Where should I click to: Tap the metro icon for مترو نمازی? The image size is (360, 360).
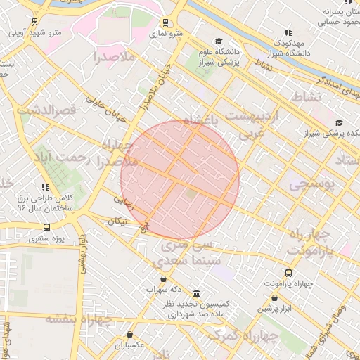click(x=165, y=22)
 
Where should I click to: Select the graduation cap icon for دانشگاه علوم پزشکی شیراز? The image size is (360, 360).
click(x=219, y=42)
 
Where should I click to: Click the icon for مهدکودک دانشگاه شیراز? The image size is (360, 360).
click(x=288, y=32)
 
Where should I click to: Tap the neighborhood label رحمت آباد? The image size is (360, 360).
click(x=63, y=156)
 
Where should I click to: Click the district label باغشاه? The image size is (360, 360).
click(x=201, y=121)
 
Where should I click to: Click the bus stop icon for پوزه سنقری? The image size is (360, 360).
click(x=47, y=227)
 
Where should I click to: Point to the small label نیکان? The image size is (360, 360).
click(x=117, y=221)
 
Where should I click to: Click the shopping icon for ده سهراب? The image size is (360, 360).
click(x=164, y=278)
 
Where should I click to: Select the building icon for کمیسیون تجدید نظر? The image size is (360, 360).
click(x=196, y=293)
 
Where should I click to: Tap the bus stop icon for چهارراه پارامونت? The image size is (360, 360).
click(x=288, y=272)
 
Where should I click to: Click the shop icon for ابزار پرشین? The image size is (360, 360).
click(x=274, y=297)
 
